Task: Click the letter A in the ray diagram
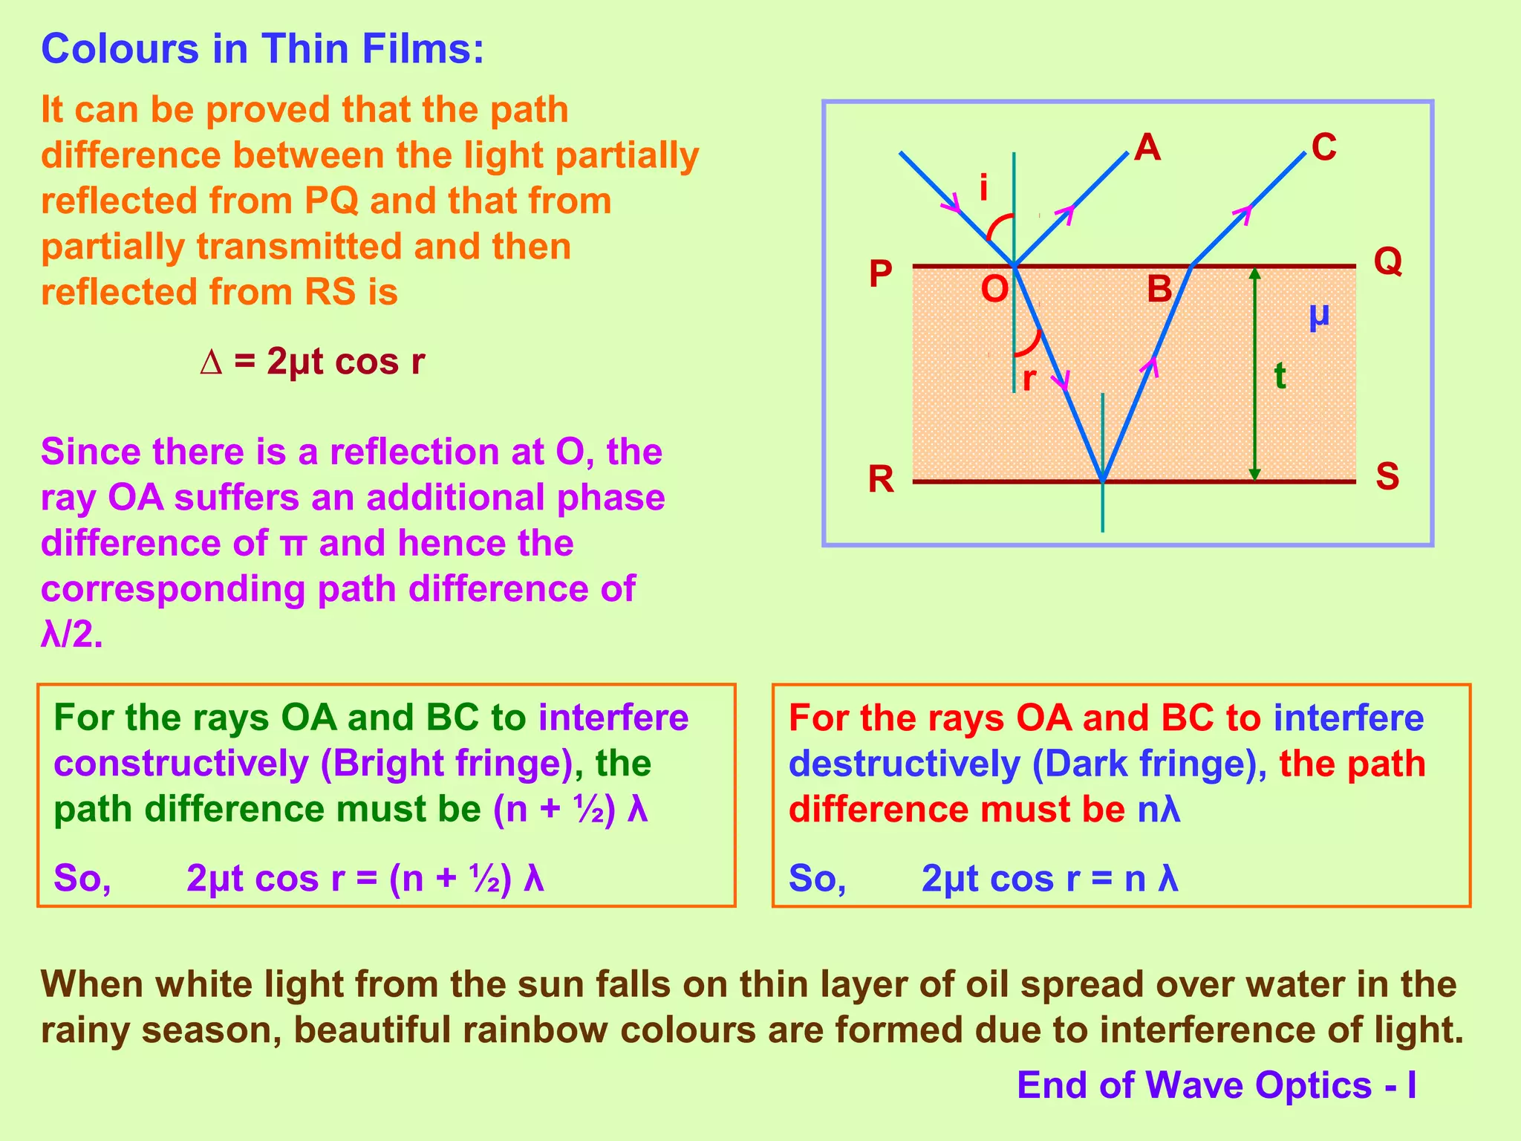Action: (1147, 148)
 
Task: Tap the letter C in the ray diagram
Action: (1323, 147)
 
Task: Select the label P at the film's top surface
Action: (881, 274)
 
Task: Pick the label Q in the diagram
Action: (1387, 261)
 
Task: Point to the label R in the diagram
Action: (881, 479)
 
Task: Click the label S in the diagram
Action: (1387, 476)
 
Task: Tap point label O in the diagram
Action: (994, 288)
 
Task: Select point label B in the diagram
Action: (1159, 288)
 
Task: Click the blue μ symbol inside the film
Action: (1319, 316)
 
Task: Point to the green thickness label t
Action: (1280, 376)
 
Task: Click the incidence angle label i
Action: (983, 188)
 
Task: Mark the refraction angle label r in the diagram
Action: (1029, 379)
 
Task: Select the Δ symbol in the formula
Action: (211, 363)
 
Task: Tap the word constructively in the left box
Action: (180, 764)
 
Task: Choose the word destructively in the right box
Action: (904, 764)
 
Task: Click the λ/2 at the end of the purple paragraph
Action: (71, 634)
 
